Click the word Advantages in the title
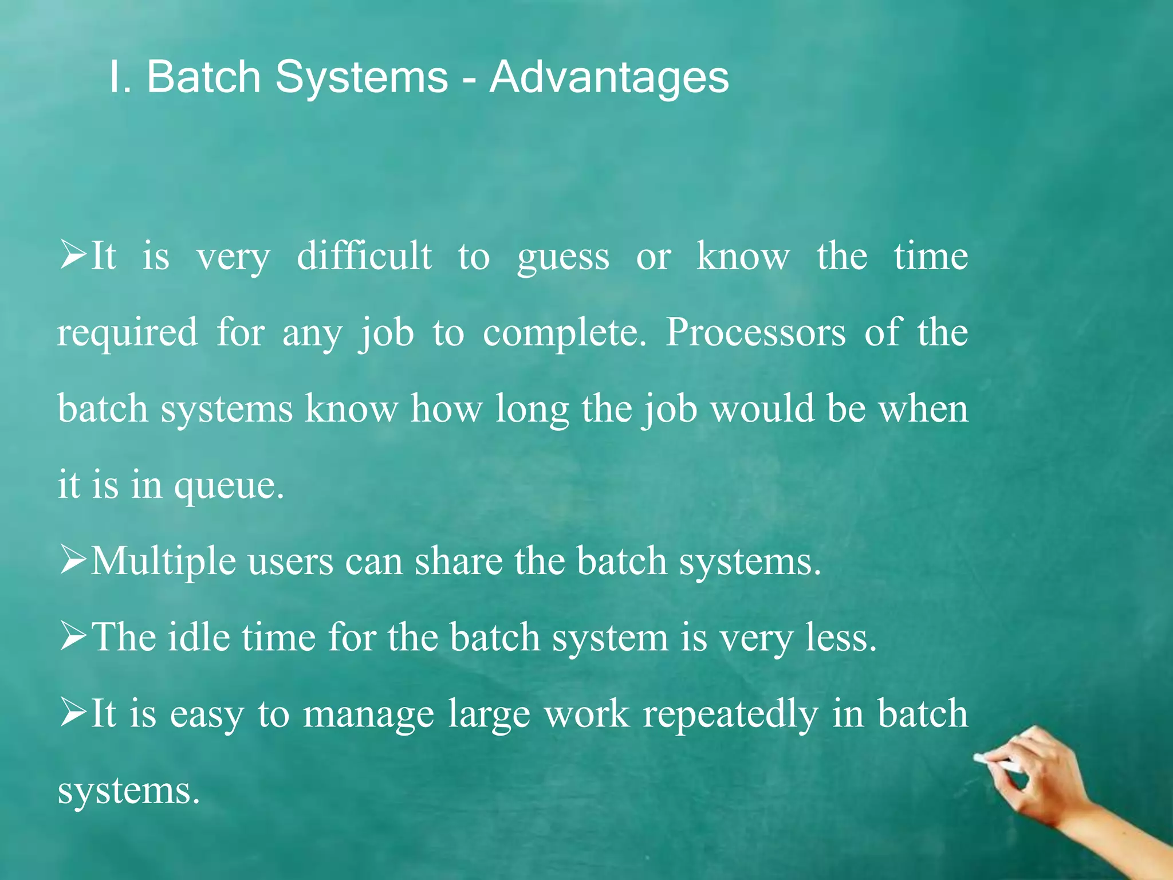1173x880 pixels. (609, 77)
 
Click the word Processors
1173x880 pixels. (755, 332)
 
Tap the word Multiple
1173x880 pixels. (163, 561)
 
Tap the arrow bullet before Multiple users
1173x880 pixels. (73, 560)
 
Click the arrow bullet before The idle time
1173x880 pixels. (73, 637)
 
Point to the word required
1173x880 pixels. (127, 333)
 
